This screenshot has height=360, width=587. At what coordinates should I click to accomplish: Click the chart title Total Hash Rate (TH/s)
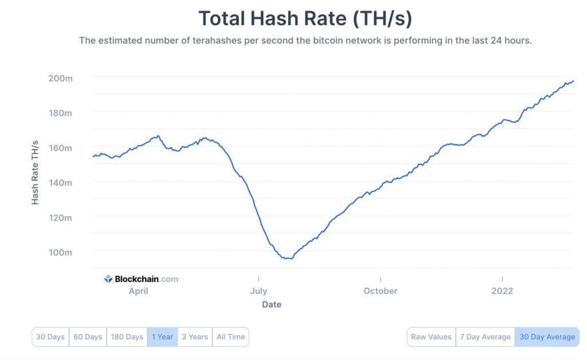[305, 18]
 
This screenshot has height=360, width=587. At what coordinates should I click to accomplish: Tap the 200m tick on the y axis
[60, 78]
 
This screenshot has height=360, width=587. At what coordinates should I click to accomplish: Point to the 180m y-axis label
[60, 113]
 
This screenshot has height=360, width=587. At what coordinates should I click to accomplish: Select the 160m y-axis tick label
[60, 148]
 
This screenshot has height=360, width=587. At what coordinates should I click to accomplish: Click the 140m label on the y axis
[60, 182]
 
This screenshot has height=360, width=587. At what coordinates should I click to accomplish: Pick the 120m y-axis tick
[60, 217]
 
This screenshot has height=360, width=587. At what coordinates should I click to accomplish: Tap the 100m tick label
[60, 252]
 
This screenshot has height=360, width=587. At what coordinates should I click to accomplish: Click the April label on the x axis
[138, 291]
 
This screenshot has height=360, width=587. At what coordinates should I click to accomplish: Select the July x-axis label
[259, 291]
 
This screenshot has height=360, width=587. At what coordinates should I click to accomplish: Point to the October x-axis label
[380, 291]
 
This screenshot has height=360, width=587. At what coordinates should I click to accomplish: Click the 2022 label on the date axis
[502, 291]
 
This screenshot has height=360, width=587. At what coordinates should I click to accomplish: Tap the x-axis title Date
[272, 304]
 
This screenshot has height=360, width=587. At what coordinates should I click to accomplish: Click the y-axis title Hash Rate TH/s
[35, 172]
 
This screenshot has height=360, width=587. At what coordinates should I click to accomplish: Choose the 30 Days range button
[50, 336]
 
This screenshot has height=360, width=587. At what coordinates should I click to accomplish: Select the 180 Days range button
[126, 336]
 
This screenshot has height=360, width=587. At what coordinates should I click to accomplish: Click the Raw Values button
[432, 336]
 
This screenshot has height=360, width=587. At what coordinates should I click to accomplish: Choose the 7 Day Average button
[485, 336]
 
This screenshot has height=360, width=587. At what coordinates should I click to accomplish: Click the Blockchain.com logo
[141, 279]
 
